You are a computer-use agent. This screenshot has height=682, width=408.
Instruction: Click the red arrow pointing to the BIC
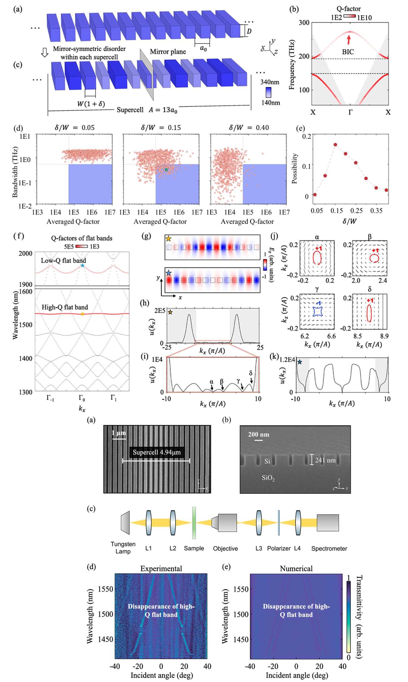pyautogui.click(x=349, y=40)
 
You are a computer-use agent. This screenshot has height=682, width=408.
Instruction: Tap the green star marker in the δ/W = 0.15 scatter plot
pyautogui.click(x=166, y=170)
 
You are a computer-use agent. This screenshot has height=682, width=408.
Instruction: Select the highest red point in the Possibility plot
pyautogui.click(x=335, y=144)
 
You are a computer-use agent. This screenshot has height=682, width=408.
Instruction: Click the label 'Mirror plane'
pyautogui.click(x=168, y=52)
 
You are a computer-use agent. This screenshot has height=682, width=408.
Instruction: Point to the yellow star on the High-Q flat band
pyautogui.click(x=82, y=314)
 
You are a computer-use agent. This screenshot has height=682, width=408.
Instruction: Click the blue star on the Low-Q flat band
pyautogui.click(x=82, y=265)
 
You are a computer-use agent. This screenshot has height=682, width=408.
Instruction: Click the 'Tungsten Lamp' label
pyautogui.click(x=123, y=548)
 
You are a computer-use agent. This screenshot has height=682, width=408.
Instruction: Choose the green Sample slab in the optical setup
pyautogui.click(x=194, y=523)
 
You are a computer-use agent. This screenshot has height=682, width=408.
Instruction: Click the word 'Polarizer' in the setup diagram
pyautogui.click(x=279, y=548)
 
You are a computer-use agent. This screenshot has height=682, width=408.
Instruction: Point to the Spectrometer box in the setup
pyautogui.click(x=328, y=523)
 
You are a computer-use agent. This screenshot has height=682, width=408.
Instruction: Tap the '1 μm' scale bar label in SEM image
pyautogui.click(x=119, y=433)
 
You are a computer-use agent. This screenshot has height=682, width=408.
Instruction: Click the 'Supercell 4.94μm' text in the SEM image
pyautogui.click(x=157, y=452)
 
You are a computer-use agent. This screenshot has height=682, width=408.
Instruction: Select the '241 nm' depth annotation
pyautogui.click(x=325, y=460)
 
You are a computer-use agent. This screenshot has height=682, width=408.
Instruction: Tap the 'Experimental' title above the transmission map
pyautogui.click(x=161, y=569)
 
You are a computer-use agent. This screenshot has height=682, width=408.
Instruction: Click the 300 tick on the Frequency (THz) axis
pyautogui.click(x=304, y=22)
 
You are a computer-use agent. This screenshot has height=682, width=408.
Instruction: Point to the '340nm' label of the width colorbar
pyautogui.click(x=270, y=82)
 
